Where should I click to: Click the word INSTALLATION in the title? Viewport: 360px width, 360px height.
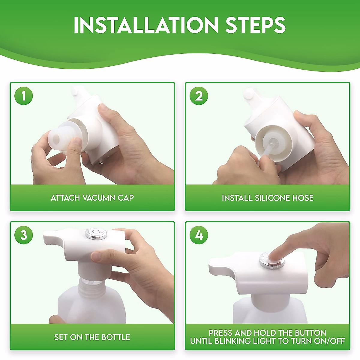146,25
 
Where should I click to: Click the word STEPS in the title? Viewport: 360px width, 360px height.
255,25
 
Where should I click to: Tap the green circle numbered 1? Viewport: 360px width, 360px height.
23,96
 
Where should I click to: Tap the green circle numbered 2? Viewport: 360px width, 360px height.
199,96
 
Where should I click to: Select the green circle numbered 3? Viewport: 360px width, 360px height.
23,235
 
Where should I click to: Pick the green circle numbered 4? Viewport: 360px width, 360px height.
199,235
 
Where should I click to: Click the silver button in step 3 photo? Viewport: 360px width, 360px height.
96,234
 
